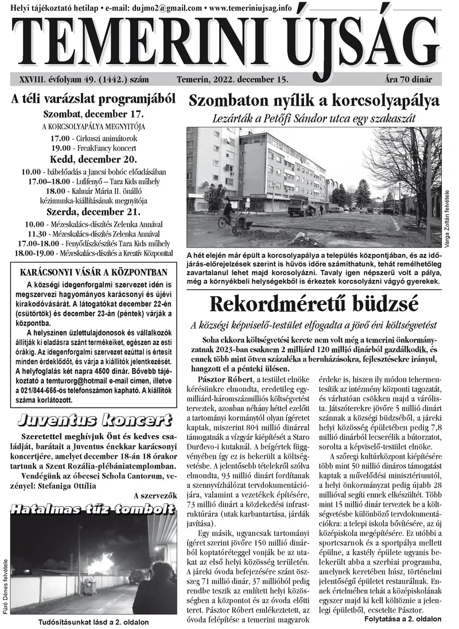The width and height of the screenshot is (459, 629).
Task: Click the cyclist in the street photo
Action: click(x=228, y=212)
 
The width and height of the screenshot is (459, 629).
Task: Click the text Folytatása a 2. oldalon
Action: click(x=403, y=620)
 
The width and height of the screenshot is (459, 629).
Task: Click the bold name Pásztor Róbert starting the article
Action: click(x=220, y=380)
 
